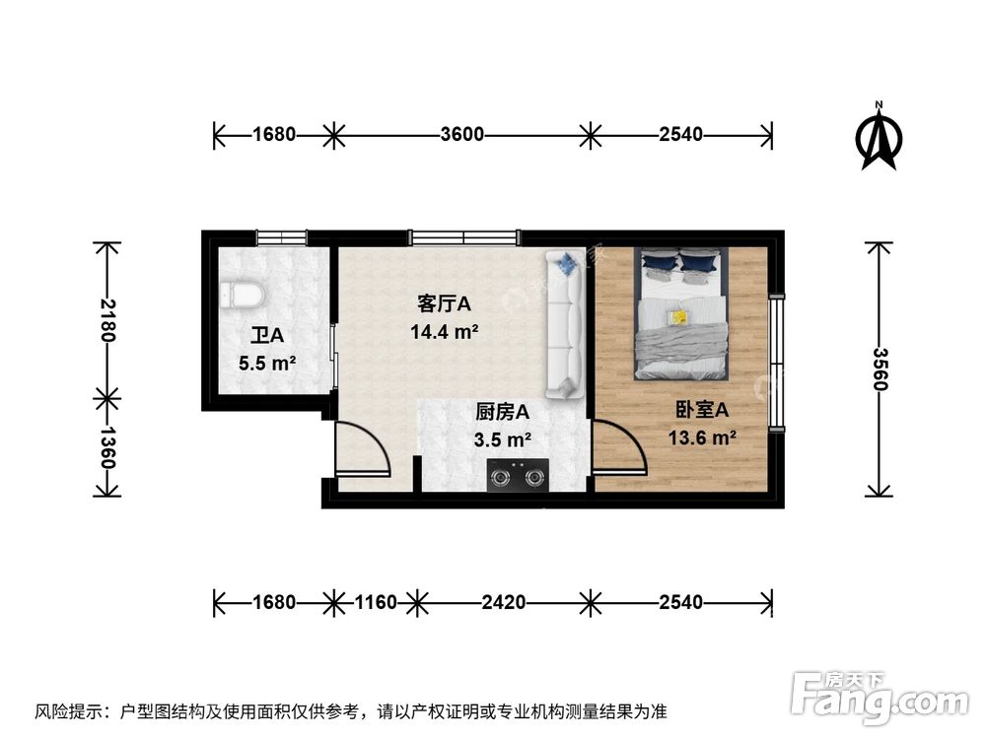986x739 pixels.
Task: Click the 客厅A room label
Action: [x=444, y=304]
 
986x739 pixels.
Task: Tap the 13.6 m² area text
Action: [x=702, y=437]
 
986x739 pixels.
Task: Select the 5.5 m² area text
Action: [x=267, y=363]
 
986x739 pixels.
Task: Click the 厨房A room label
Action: [x=503, y=412]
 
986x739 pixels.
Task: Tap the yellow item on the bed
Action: [x=678, y=316]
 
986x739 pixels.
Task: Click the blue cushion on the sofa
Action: [x=567, y=263]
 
